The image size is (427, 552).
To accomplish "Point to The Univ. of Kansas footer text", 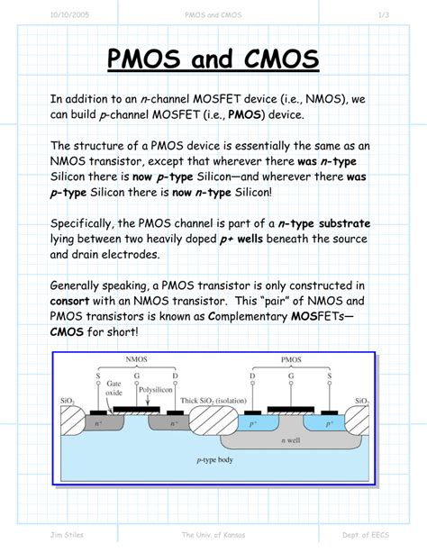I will (x=213, y=537).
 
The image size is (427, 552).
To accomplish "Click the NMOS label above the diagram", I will (x=141, y=358).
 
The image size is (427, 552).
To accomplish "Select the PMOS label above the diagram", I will (x=291, y=358).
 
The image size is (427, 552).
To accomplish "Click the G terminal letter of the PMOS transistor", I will (x=292, y=375).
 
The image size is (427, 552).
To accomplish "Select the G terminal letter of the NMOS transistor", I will (x=141, y=375).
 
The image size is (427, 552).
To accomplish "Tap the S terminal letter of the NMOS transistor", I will (x=97, y=375).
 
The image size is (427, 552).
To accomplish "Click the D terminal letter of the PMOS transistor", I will (x=252, y=375).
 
